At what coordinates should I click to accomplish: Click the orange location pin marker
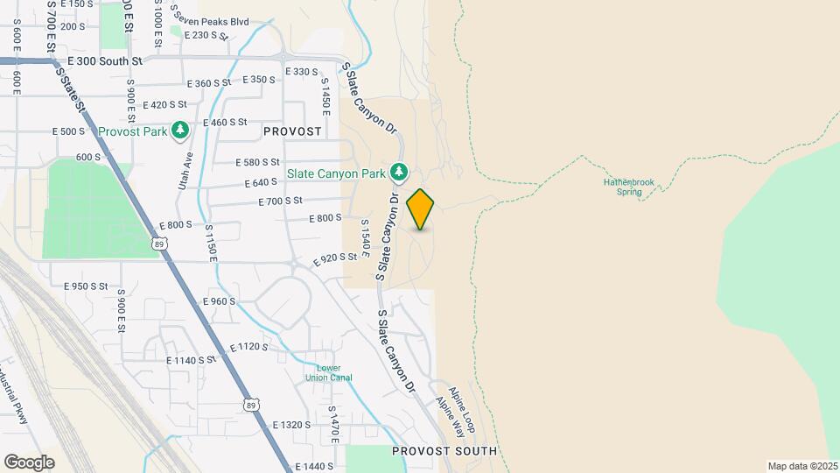coord(420,209)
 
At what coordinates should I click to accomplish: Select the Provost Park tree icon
coord(180,131)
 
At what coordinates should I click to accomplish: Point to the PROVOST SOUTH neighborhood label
coord(444,451)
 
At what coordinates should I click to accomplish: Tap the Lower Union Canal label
coord(329,373)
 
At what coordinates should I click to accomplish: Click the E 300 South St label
coord(105,62)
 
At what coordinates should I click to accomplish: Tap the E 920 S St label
coord(336,258)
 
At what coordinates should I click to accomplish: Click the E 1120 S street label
coord(249,347)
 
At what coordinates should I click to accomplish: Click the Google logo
coord(29,462)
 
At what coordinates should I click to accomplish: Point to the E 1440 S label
coord(315,467)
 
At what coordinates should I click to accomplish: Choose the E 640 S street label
coord(259,182)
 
